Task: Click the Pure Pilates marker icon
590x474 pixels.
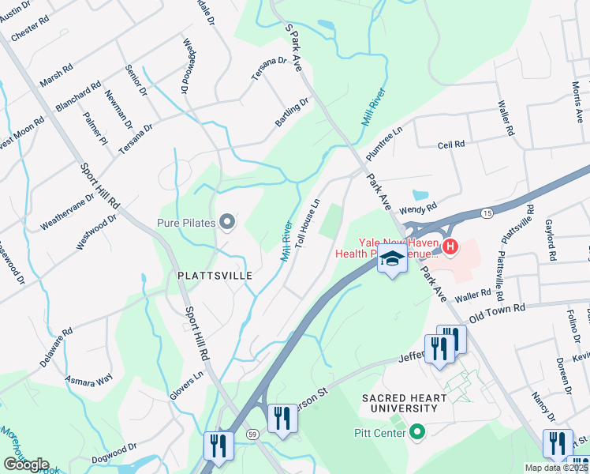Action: [228, 222]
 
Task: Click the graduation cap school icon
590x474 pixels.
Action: [391, 258]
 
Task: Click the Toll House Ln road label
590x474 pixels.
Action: [308, 224]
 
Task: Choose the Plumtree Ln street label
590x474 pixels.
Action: [384, 140]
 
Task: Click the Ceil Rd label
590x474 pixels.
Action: [452, 145]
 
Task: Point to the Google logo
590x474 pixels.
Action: [26, 465]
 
